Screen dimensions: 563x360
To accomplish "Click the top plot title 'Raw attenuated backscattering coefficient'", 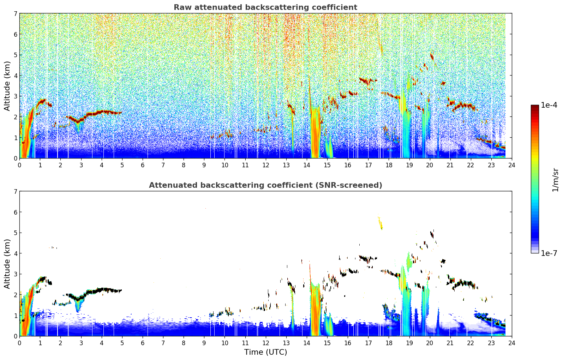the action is click(265, 7).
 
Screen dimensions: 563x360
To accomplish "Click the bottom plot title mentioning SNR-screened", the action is click(265, 185).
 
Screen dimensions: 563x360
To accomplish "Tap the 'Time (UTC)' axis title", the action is click(265, 352).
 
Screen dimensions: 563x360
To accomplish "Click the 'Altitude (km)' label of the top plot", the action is click(7, 86).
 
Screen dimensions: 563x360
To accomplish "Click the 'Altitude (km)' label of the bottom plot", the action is click(7, 264).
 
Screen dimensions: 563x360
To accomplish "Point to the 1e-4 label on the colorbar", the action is click(549, 105).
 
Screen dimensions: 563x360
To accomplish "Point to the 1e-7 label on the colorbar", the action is click(549, 253).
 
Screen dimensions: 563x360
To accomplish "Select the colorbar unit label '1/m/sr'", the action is click(555, 180).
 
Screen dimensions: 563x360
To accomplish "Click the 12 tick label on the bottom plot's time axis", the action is click(266, 343).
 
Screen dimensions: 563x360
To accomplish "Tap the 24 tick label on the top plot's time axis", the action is click(512, 165).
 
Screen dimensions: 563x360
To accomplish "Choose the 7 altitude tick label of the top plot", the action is click(16, 13).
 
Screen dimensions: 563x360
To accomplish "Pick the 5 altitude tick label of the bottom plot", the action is click(16, 233).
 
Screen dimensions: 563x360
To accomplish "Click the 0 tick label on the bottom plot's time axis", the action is click(20, 343).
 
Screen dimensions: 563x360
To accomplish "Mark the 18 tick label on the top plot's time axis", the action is click(389, 165).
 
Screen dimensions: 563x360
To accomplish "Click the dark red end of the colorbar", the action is click(535, 106).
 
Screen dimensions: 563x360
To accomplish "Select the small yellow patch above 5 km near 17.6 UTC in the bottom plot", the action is click(381, 222).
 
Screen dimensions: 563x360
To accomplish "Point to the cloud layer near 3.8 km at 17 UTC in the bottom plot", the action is click(367, 258).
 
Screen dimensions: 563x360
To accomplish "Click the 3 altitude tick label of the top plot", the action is click(16, 96).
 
